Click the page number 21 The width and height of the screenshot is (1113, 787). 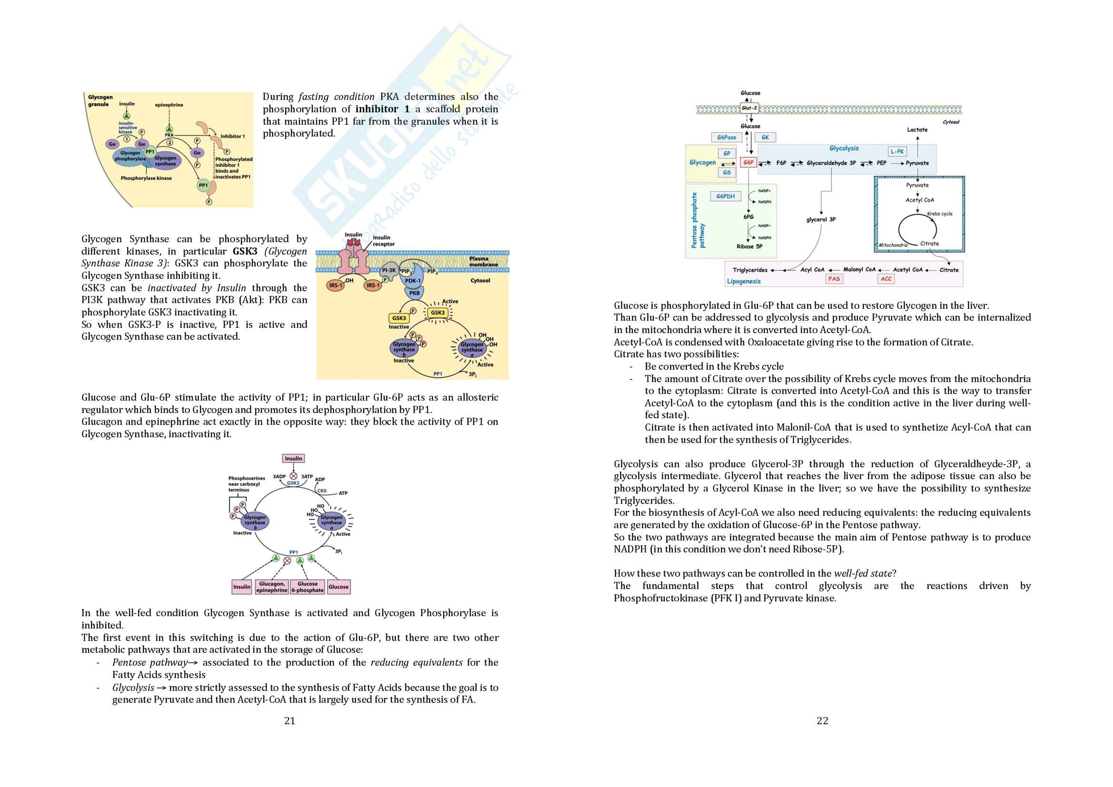(x=289, y=720)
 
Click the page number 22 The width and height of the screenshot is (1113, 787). (x=822, y=720)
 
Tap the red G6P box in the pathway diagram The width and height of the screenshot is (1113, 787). (x=749, y=163)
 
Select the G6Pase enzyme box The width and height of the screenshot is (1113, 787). (x=726, y=138)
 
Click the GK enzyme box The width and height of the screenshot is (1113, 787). (x=765, y=138)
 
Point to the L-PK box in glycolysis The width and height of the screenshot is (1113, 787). (x=897, y=152)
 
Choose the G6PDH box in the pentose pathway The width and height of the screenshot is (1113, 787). (x=725, y=196)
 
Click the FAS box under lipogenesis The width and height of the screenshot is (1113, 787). (x=834, y=279)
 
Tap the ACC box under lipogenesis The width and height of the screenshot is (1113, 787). (x=886, y=279)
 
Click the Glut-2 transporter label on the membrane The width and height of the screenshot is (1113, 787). (x=749, y=108)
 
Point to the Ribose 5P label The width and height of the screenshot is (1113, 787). (x=749, y=246)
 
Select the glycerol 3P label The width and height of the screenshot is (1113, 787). (x=821, y=219)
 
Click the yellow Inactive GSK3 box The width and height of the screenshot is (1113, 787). (x=399, y=318)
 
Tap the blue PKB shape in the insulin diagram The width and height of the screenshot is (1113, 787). (x=414, y=293)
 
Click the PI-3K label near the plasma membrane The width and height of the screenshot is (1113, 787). (x=389, y=270)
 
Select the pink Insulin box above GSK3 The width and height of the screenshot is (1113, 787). (x=293, y=458)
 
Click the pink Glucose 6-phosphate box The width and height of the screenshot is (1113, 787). (x=307, y=587)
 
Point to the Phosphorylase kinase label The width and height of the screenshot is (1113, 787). (x=146, y=178)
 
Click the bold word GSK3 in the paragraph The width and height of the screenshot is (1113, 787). (x=245, y=251)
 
